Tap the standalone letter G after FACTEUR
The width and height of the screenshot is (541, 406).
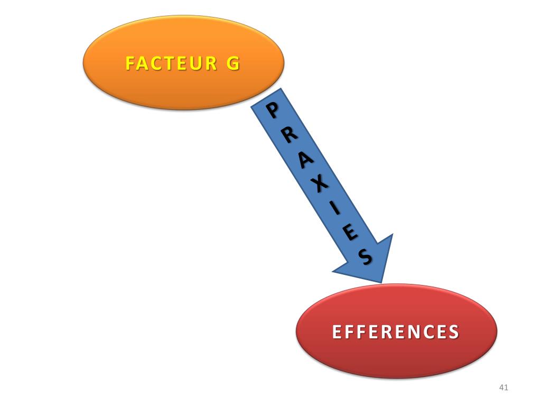pyautogui.click(x=232, y=63)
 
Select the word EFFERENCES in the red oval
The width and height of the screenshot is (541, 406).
pyautogui.click(x=395, y=332)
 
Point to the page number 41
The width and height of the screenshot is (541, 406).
pyautogui.click(x=503, y=389)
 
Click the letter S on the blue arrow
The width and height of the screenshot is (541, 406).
pyautogui.click(x=365, y=257)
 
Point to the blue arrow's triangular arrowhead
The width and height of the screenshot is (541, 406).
pyautogui.click(x=370, y=259)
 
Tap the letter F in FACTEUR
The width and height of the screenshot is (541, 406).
pyautogui.click(x=130, y=63)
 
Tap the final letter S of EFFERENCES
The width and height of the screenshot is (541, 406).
pyautogui.click(x=453, y=332)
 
